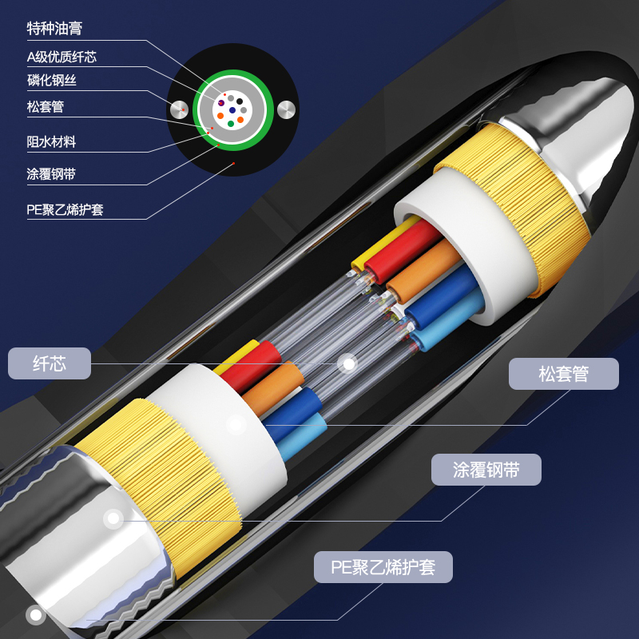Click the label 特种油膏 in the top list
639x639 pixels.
click(x=54, y=29)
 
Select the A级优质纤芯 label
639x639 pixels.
click(x=62, y=57)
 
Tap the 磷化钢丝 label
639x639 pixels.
click(x=52, y=81)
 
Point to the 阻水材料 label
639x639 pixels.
click(x=51, y=142)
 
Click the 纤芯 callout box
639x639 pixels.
click(x=50, y=363)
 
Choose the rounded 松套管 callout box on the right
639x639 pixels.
click(x=564, y=374)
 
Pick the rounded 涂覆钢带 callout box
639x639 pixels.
click(x=486, y=470)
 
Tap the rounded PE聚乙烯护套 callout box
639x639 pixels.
click(x=383, y=567)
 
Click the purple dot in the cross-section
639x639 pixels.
click(x=221, y=103)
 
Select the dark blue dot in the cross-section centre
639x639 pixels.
click(x=232, y=110)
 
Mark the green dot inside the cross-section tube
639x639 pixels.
click(x=231, y=124)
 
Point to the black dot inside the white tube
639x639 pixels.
click(x=240, y=101)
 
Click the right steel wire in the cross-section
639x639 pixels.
click(x=286, y=109)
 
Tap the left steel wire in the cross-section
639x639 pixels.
click(x=179, y=109)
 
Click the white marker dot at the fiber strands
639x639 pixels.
click(x=348, y=363)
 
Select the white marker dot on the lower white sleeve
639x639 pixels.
click(x=236, y=425)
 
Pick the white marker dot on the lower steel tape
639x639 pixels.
click(x=113, y=518)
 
